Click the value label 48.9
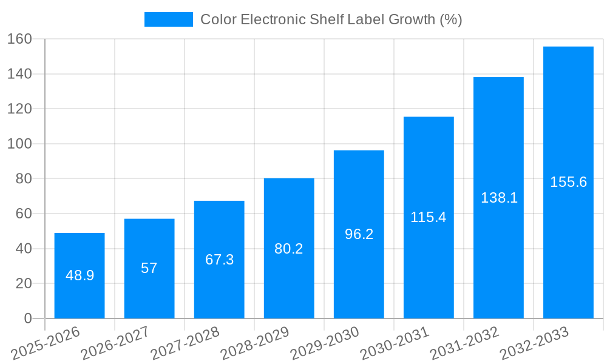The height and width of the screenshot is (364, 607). (80, 275)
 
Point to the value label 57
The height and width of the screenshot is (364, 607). (149, 268)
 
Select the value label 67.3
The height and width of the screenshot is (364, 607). (219, 260)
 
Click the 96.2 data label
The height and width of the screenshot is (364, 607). (359, 234)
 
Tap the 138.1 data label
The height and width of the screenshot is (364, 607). (498, 198)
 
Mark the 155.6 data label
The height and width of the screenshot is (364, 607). (568, 182)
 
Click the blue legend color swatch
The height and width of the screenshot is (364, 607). (168, 19)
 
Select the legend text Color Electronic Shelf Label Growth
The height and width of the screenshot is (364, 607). (331, 19)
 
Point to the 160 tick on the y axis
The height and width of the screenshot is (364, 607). (19, 39)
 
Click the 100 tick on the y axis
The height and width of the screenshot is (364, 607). (19, 144)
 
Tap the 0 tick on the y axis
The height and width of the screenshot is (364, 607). (27, 318)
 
